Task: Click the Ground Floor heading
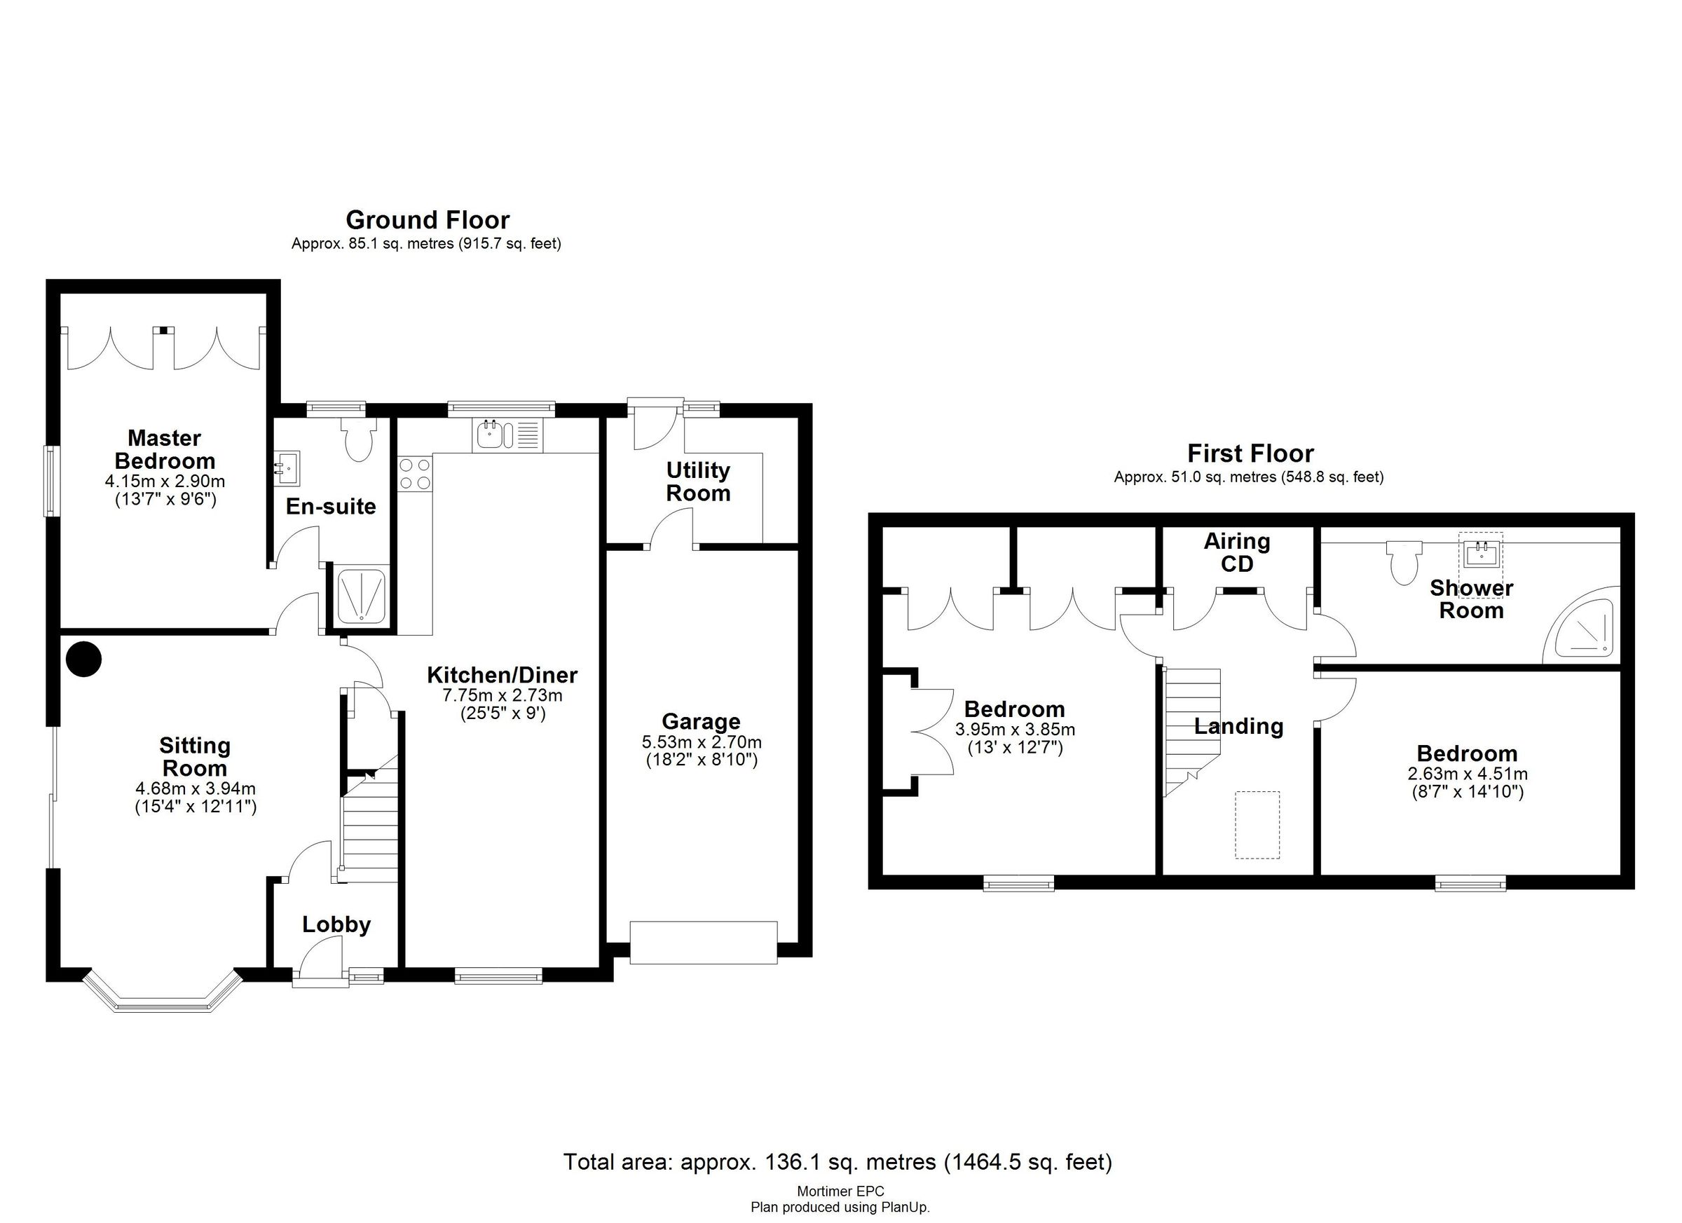point(428,220)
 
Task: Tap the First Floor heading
point(1250,453)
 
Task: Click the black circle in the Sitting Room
point(84,659)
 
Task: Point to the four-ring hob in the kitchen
point(416,474)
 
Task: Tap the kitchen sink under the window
point(489,435)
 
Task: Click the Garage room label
point(700,722)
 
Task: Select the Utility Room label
point(698,481)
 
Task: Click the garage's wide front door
point(703,942)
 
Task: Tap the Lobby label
point(336,924)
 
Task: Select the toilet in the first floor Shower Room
point(1404,561)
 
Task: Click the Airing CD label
point(1236,552)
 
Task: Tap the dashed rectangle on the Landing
point(1257,825)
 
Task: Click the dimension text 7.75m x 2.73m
point(502,696)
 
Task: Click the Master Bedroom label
point(165,449)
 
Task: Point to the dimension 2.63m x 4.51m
point(1467,774)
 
